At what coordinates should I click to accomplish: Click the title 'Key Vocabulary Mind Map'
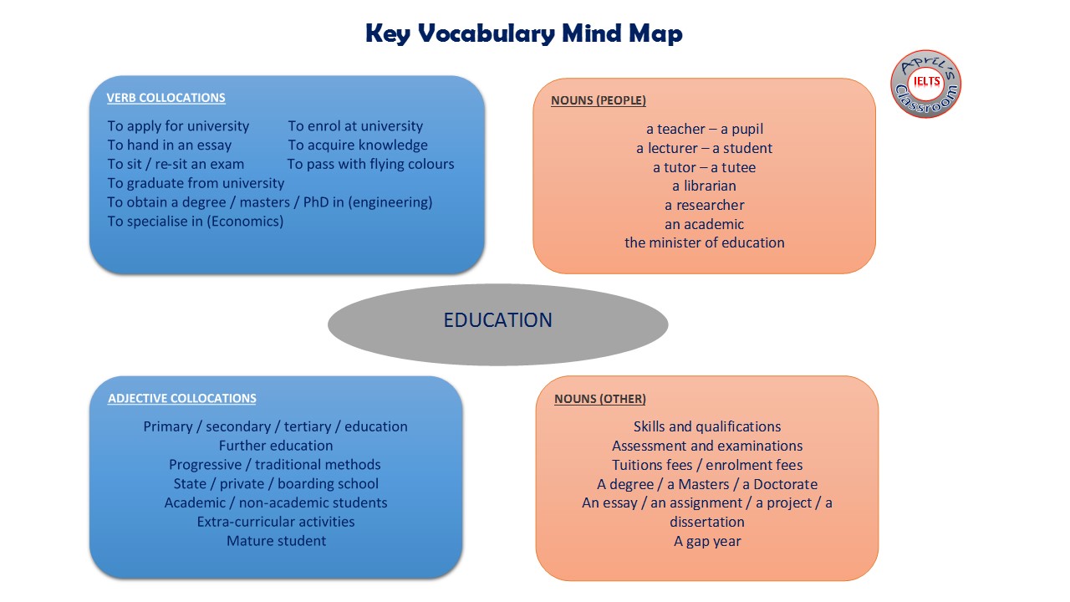point(523,33)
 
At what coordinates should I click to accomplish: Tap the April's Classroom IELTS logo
point(925,84)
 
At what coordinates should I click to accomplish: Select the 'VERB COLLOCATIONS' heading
point(166,98)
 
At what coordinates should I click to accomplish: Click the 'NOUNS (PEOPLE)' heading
point(598,100)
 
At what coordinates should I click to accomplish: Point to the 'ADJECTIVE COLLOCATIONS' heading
point(181,399)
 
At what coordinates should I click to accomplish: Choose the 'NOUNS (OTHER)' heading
point(599,399)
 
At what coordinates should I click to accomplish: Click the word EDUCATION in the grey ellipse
point(497,320)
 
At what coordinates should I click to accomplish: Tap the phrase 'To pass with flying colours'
point(370,164)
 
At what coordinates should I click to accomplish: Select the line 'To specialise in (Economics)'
point(195,222)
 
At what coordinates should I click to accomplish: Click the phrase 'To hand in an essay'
point(169,145)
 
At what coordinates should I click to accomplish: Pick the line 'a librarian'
point(704,186)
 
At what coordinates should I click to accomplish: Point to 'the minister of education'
point(704,242)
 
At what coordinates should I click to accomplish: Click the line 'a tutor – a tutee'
point(704,167)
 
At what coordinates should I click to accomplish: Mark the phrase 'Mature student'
point(276,541)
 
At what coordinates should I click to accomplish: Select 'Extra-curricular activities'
point(276,522)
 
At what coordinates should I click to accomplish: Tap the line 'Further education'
point(276,446)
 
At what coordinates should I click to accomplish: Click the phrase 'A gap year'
point(707,541)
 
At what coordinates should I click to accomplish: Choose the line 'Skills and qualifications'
point(707,426)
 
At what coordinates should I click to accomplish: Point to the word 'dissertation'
point(707,522)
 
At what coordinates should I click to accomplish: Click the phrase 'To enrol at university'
point(355,126)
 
